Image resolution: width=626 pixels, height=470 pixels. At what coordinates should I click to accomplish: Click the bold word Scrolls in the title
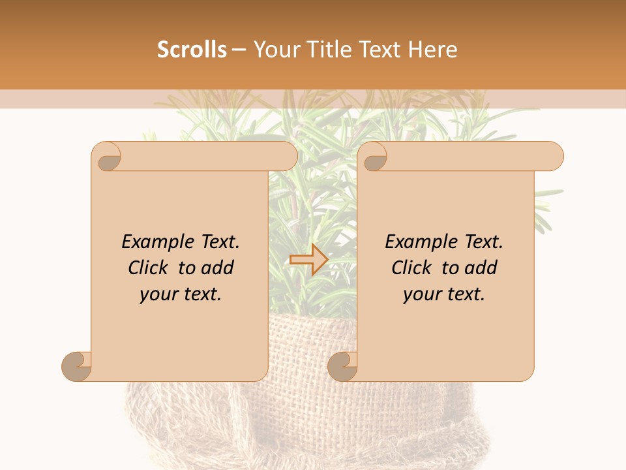pos(192,50)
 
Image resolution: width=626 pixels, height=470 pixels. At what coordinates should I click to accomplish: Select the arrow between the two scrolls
pos(308,259)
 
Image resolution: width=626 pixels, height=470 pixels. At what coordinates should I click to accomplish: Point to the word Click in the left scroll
pos(148,268)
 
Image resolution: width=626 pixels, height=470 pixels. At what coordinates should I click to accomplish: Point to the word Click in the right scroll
pos(411,268)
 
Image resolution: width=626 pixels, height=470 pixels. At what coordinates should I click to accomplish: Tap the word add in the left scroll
pos(218,268)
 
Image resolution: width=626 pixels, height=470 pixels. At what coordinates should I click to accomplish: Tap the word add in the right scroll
pos(481,268)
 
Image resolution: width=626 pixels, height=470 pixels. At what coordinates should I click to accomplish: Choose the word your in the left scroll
pos(158,294)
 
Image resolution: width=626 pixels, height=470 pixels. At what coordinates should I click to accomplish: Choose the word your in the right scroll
pos(422,294)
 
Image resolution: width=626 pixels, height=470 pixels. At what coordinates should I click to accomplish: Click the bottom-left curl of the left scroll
pos(77,366)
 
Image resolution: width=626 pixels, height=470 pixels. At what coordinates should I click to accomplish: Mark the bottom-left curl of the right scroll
pos(342,366)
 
